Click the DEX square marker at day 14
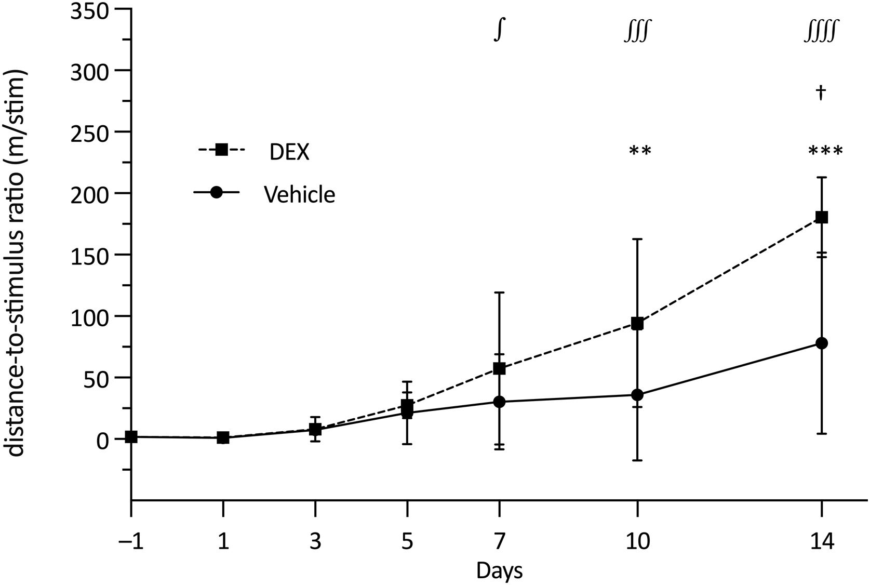point(821,217)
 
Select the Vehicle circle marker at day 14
point(821,343)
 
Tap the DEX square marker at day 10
point(637,324)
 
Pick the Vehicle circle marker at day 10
point(637,395)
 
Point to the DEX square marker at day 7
point(499,368)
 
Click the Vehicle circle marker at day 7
point(499,402)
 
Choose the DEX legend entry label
point(289,152)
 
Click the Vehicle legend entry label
point(299,195)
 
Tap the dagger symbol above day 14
point(821,92)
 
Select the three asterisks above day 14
point(825,152)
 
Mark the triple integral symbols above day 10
point(637,32)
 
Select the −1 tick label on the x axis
point(131,542)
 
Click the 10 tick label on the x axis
point(637,542)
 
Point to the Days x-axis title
point(499,570)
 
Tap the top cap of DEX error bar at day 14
point(821,178)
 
